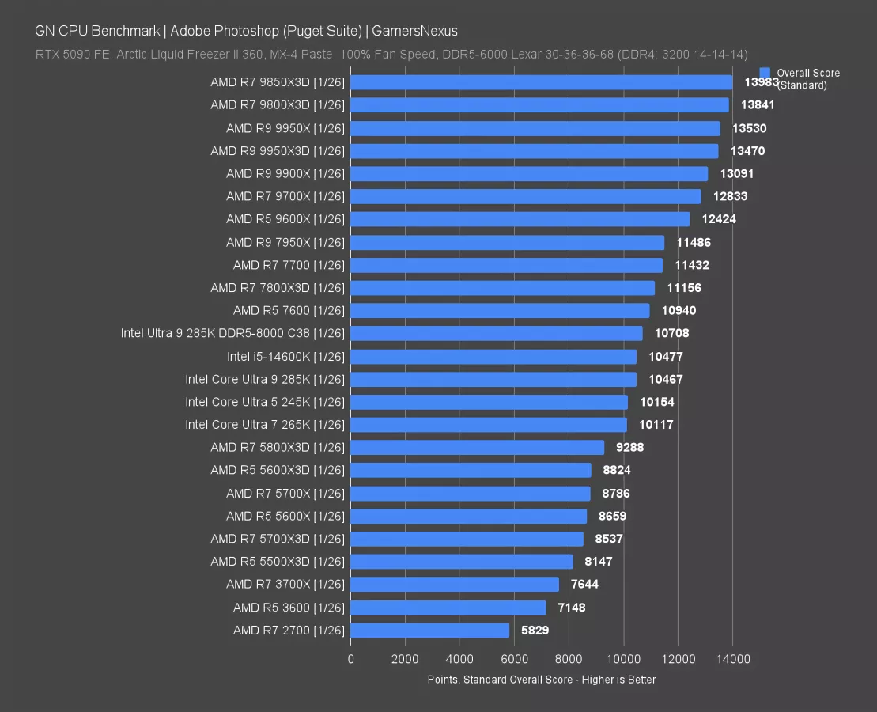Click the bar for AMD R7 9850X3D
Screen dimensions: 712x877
[x=541, y=82]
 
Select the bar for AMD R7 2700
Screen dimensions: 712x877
[x=429, y=631]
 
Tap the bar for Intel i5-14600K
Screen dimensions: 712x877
[x=493, y=357]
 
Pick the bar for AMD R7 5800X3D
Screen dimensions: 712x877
[x=477, y=448]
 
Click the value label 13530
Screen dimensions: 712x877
[x=749, y=128]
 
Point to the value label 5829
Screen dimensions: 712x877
[x=535, y=631]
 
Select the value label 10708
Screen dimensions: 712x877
[x=672, y=333]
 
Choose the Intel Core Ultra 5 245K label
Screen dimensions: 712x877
[x=265, y=402]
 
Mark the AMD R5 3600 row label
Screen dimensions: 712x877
[x=289, y=608]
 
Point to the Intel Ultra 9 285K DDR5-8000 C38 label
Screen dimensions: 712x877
[x=232, y=333]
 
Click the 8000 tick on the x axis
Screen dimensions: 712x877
[x=569, y=658]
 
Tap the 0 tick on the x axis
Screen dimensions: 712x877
[x=350, y=658]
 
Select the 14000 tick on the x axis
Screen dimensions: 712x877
[x=732, y=658]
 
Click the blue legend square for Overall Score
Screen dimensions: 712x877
[x=765, y=73]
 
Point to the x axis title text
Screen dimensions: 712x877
[x=541, y=680]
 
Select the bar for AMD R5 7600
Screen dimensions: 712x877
[x=500, y=311]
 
